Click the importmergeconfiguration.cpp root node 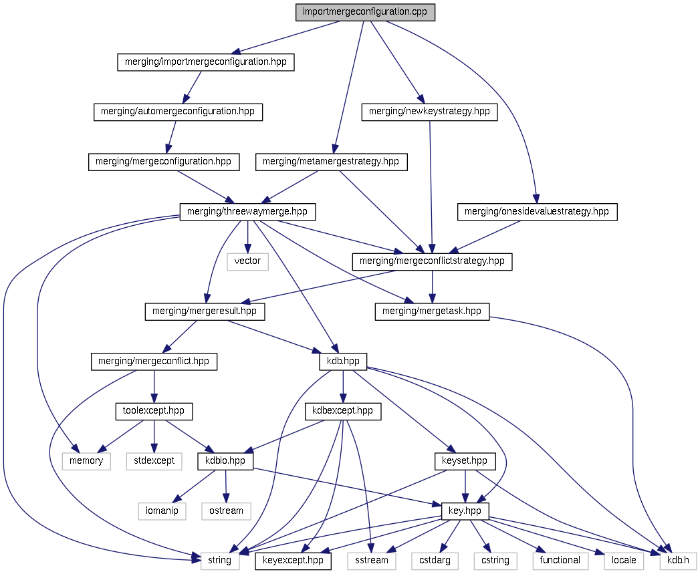(x=366, y=12)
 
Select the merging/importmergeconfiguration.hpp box (x=206, y=62)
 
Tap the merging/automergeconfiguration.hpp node (x=178, y=112)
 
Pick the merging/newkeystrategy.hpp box (x=429, y=112)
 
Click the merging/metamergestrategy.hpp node (x=331, y=162)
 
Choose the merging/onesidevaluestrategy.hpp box (x=537, y=212)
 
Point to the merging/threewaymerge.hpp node (x=247, y=212)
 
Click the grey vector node (x=247, y=261)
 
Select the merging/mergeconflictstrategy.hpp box (x=432, y=261)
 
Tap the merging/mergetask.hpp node (x=432, y=311)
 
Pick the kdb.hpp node (x=343, y=362)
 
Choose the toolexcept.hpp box (x=154, y=411)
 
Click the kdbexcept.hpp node (x=342, y=411)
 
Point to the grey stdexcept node (x=154, y=461)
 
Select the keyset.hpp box (x=465, y=461)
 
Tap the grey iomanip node (x=162, y=511)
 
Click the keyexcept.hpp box (x=294, y=561)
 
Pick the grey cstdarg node (x=435, y=561)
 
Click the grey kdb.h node (x=678, y=561)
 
